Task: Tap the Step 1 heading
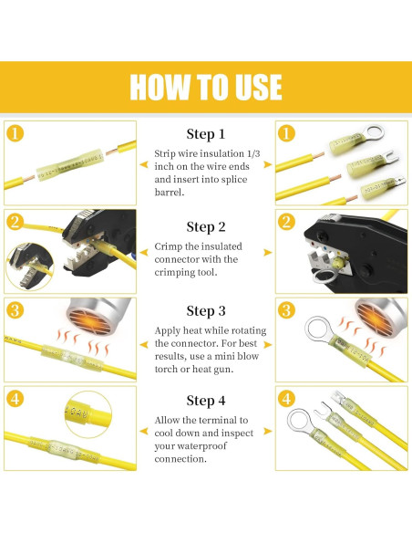point(206,134)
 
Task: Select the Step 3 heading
point(206,311)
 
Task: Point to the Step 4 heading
point(206,400)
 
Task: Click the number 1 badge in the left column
point(15,133)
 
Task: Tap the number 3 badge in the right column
point(286,309)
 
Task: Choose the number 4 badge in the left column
point(15,398)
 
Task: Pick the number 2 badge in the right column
point(286,222)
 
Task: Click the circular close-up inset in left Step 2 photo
point(25,268)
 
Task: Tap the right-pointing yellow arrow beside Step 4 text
point(268,430)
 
